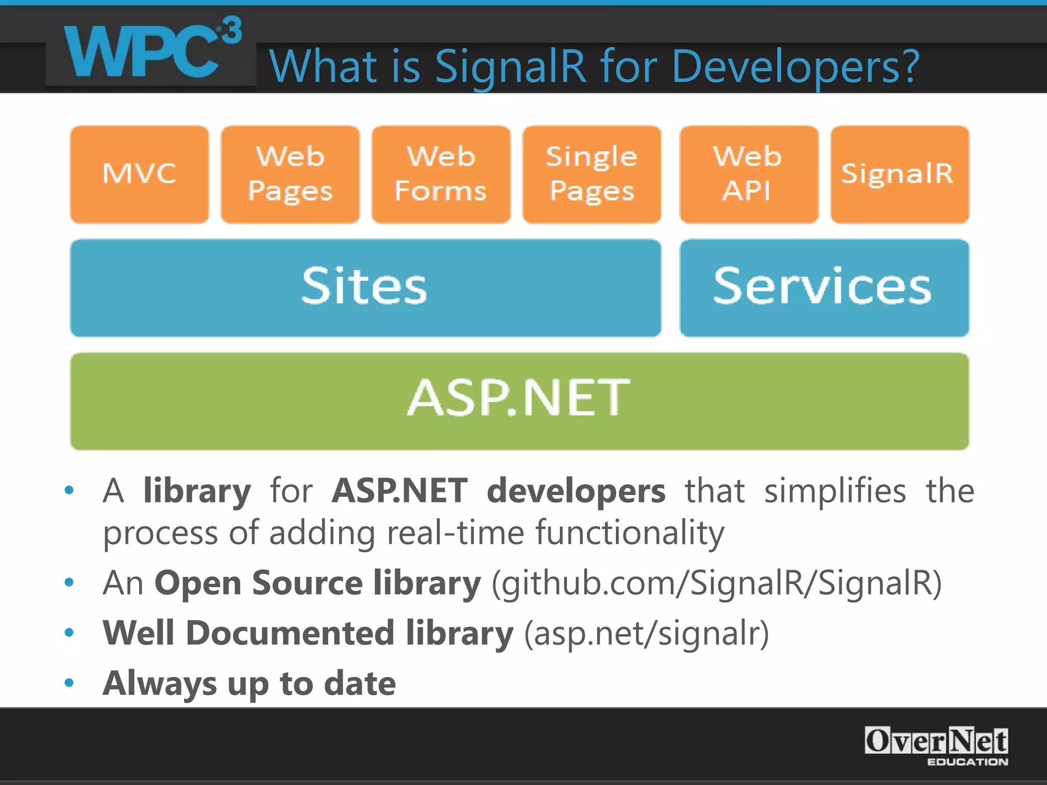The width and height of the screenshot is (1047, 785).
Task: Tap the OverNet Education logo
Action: [x=936, y=746]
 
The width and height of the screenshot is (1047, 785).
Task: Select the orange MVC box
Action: [x=140, y=174]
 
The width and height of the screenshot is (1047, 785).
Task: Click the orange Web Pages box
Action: [x=290, y=174]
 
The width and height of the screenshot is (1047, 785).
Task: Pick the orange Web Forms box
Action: [x=441, y=174]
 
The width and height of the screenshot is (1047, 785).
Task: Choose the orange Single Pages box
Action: [x=592, y=174]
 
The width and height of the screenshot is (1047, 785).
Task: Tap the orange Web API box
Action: [x=748, y=174]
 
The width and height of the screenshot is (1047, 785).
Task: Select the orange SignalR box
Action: [x=900, y=174]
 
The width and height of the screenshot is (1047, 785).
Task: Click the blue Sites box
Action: [x=365, y=288]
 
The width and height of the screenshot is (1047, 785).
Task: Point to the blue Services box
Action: [x=824, y=288]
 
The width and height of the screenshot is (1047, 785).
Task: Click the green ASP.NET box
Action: [x=519, y=401]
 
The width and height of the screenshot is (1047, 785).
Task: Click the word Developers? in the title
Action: [x=795, y=67]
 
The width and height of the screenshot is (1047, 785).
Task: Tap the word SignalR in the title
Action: [x=510, y=67]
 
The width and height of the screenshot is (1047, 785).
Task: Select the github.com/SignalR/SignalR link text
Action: [x=716, y=584]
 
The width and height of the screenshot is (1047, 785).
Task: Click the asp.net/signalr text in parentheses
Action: [x=647, y=634]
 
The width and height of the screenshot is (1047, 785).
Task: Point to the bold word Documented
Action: [x=290, y=633]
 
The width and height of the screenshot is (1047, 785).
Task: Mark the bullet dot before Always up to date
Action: [x=69, y=683]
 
